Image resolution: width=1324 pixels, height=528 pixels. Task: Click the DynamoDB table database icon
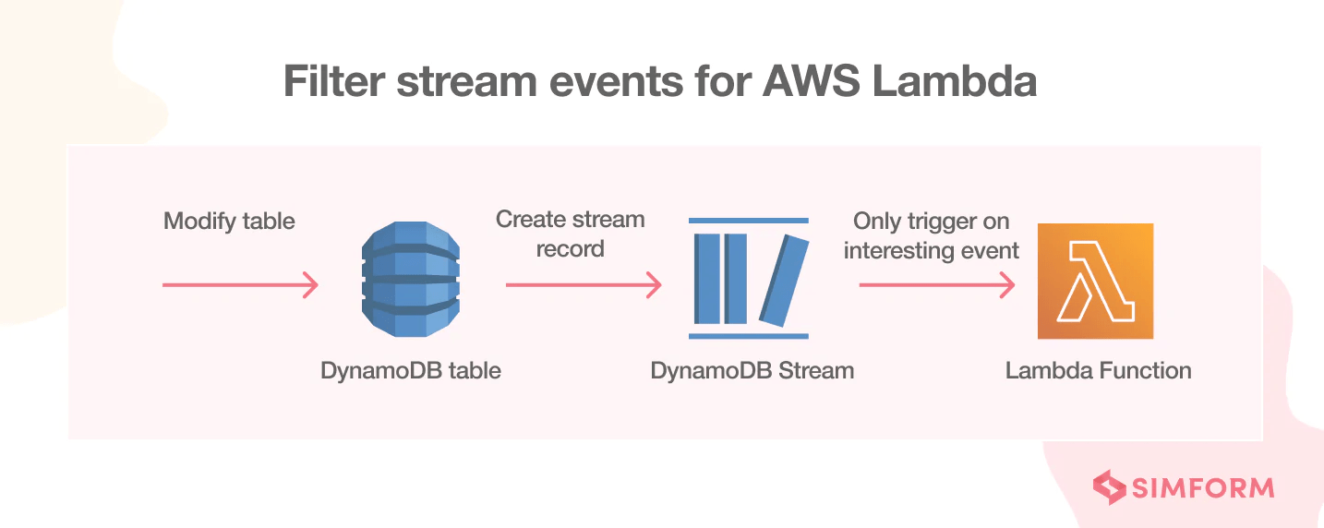[x=410, y=280]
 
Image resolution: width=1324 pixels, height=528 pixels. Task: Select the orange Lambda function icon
[x=1095, y=281]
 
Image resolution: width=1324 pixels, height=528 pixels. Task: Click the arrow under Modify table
[x=240, y=285]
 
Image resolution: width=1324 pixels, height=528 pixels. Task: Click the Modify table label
[x=229, y=222]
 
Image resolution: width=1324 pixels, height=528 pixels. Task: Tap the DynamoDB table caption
[x=410, y=371]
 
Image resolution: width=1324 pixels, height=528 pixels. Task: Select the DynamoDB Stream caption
[x=752, y=371]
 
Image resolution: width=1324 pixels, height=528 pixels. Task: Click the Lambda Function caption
[x=1098, y=371]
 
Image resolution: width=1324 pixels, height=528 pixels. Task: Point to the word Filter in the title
[x=331, y=82]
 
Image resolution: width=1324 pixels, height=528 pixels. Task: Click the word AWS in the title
[x=810, y=82]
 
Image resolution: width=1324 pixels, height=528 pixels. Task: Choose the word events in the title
[x=596, y=82]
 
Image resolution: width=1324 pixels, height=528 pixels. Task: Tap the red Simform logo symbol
[x=1109, y=487]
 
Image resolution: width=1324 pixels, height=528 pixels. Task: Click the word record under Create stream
[x=570, y=249]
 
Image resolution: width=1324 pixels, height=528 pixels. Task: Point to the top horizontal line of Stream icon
[x=749, y=221]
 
